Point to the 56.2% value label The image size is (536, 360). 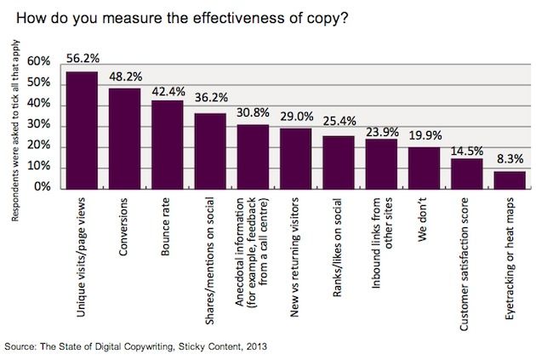[x=82, y=60]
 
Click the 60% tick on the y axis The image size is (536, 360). [x=39, y=62]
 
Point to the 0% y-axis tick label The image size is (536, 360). [x=43, y=187]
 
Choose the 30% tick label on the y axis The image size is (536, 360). [x=39, y=125]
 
